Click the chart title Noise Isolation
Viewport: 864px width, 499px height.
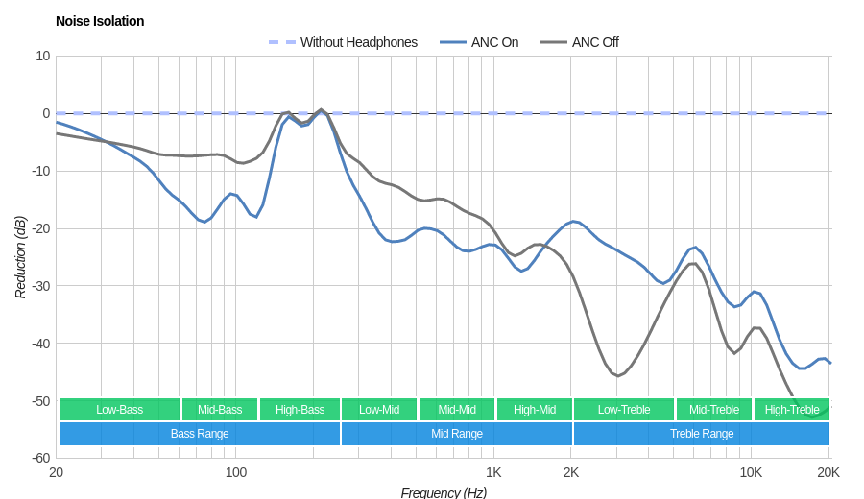pyautogui.click(x=100, y=21)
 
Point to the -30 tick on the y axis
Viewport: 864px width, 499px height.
pyautogui.click(x=39, y=286)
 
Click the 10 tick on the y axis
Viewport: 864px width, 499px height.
pyautogui.click(x=42, y=56)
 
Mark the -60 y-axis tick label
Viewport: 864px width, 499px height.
pyautogui.click(x=39, y=458)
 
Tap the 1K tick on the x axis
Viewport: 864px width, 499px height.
pyautogui.click(x=493, y=472)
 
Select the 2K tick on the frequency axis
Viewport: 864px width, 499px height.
pyautogui.click(x=571, y=472)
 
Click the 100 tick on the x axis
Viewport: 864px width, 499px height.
pyautogui.click(x=235, y=472)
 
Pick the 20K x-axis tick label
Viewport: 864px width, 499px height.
pyautogui.click(x=828, y=472)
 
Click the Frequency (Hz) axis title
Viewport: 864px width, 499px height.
pyautogui.click(x=444, y=492)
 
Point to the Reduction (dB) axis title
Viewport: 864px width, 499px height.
pyautogui.click(x=20, y=257)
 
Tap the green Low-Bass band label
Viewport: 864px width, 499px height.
pyautogui.click(x=119, y=410)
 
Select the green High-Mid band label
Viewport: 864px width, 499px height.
pyautogui.click(x=535, y=410)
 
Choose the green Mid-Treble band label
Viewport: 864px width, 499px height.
pyautogui.click(x=714, y=410)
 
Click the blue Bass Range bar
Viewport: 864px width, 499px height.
pyautogui.click(x=200, y=434)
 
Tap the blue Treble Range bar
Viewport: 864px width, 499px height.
pyautogui.click(x=702, y=434)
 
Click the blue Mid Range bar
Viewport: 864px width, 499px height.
pyautogui.click(x=457, y=434)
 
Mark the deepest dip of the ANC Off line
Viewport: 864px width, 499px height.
pyautogui.click(x=811, y=417)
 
